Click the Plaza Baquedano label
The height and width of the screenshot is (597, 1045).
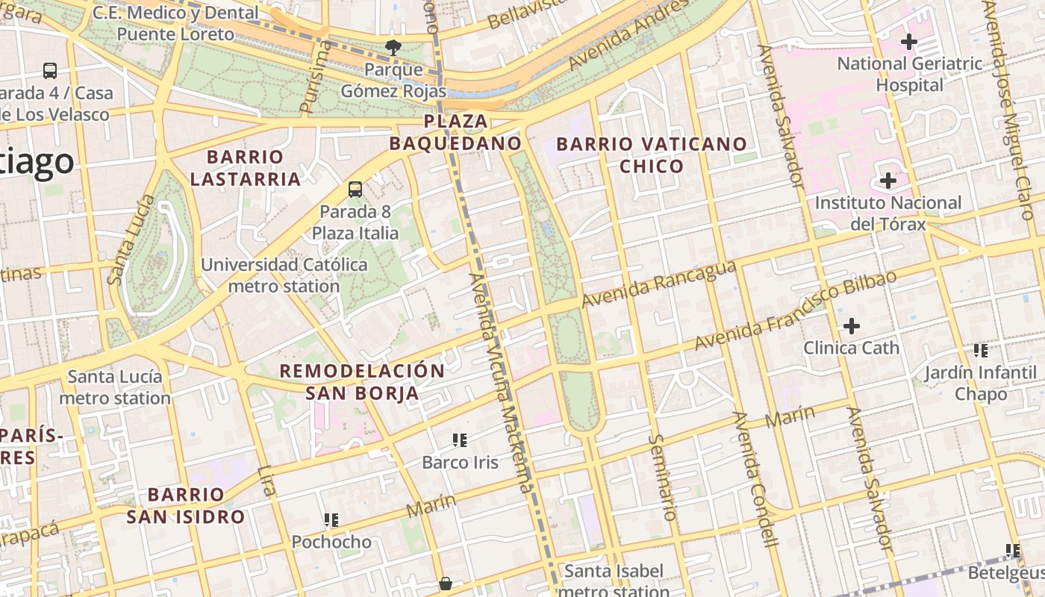click(455, 131)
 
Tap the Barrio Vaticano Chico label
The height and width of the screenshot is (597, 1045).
click(652, 154)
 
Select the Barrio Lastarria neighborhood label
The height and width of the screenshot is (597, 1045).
click(245, 168)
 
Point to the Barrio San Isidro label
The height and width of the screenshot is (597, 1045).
click(185, 505)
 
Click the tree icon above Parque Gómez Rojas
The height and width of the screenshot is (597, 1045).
click(393, 48)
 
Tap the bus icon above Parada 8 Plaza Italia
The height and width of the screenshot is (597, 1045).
click(355, 190)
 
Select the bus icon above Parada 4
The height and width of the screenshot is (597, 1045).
click(50, 71)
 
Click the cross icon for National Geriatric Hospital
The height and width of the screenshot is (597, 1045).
click(908, 42)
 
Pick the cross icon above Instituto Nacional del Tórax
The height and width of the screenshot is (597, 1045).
click(888, 181)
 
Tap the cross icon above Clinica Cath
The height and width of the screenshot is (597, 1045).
click(851, 326)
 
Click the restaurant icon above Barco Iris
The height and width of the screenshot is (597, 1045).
click(459, 440)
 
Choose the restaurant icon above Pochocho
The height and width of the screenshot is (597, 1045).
click(331, 520)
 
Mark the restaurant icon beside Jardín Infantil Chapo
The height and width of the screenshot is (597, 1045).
click(980, 350)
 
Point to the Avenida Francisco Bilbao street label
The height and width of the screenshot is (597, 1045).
click(795, 311)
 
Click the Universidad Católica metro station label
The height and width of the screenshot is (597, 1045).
click(284, 275)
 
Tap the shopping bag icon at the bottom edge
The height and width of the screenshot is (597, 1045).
click(446, 584)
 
